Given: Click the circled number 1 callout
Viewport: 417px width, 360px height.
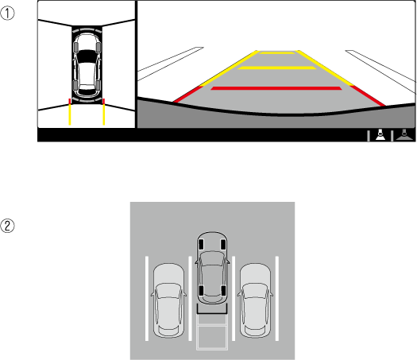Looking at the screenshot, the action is tap(7, 14).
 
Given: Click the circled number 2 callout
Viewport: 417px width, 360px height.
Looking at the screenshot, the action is tap(7, 226).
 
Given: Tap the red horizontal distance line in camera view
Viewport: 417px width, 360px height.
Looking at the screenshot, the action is tap(276, 88).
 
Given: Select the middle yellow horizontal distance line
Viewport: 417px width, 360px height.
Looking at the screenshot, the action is tap(277, 68).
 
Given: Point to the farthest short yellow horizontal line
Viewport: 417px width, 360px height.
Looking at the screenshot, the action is tap(277, 52).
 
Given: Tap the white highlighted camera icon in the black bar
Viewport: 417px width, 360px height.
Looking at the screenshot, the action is tap(380, 134).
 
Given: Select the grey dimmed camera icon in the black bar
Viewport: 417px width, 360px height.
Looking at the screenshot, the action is tap(404, 134).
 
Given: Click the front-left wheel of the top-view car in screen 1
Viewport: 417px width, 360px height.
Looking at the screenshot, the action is tap(75, 47).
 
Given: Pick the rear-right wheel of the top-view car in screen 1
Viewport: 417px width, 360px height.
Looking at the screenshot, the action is tap(98, 85).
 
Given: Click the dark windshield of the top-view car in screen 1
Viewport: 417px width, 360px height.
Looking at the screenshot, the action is tap(87, 56).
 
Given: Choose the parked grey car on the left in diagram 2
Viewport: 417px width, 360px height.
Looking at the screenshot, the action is tap(168, 300).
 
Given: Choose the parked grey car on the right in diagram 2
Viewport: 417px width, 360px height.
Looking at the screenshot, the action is tap(255, 300).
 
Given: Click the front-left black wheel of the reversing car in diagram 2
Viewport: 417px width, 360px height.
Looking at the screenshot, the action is tap(201, 245).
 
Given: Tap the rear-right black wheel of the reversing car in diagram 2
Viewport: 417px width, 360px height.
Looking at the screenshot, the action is tap(223, 291).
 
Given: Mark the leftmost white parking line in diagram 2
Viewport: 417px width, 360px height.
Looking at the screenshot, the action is tap(147, 298).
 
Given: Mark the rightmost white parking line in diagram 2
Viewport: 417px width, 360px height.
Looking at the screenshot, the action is tap(277, 298).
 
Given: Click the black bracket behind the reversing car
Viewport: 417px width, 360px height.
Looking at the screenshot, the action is tap(212, 313).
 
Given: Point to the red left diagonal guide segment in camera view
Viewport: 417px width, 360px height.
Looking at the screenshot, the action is tap(187, 94).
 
